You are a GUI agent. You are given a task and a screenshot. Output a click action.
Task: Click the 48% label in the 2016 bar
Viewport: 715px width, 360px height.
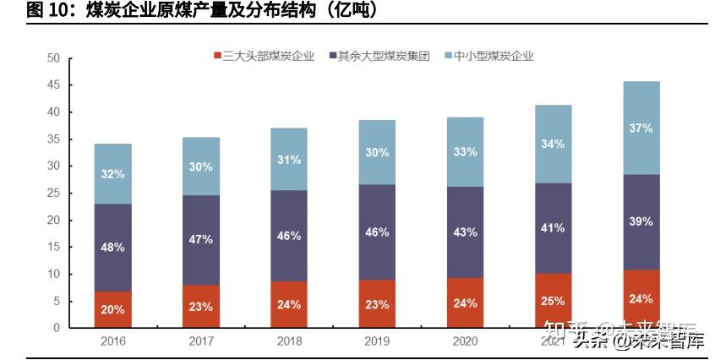click(112, 248)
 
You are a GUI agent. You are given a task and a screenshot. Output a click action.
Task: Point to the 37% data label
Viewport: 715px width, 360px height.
click(641, 128)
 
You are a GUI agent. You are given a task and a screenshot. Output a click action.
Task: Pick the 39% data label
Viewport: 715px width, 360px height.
click(641, 221)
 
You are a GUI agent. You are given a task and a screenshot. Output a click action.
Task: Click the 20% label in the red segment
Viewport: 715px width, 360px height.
click(112, 309)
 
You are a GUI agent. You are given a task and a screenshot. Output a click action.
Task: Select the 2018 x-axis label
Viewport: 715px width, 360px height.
click(289, 340)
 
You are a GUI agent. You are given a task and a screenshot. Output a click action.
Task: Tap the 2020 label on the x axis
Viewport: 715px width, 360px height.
click(465, 340)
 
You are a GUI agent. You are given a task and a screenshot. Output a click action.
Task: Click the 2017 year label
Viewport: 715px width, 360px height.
click(200, 340)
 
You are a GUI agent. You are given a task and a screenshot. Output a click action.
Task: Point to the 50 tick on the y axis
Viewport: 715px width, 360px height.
click(53, 58)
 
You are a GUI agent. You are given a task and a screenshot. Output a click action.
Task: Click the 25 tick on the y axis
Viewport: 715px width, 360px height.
click(53, 193)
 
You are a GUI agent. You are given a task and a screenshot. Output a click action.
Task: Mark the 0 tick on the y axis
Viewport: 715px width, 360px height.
click(57, 328)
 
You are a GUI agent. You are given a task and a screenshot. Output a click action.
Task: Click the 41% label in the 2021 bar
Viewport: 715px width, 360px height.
click(554, 227)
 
